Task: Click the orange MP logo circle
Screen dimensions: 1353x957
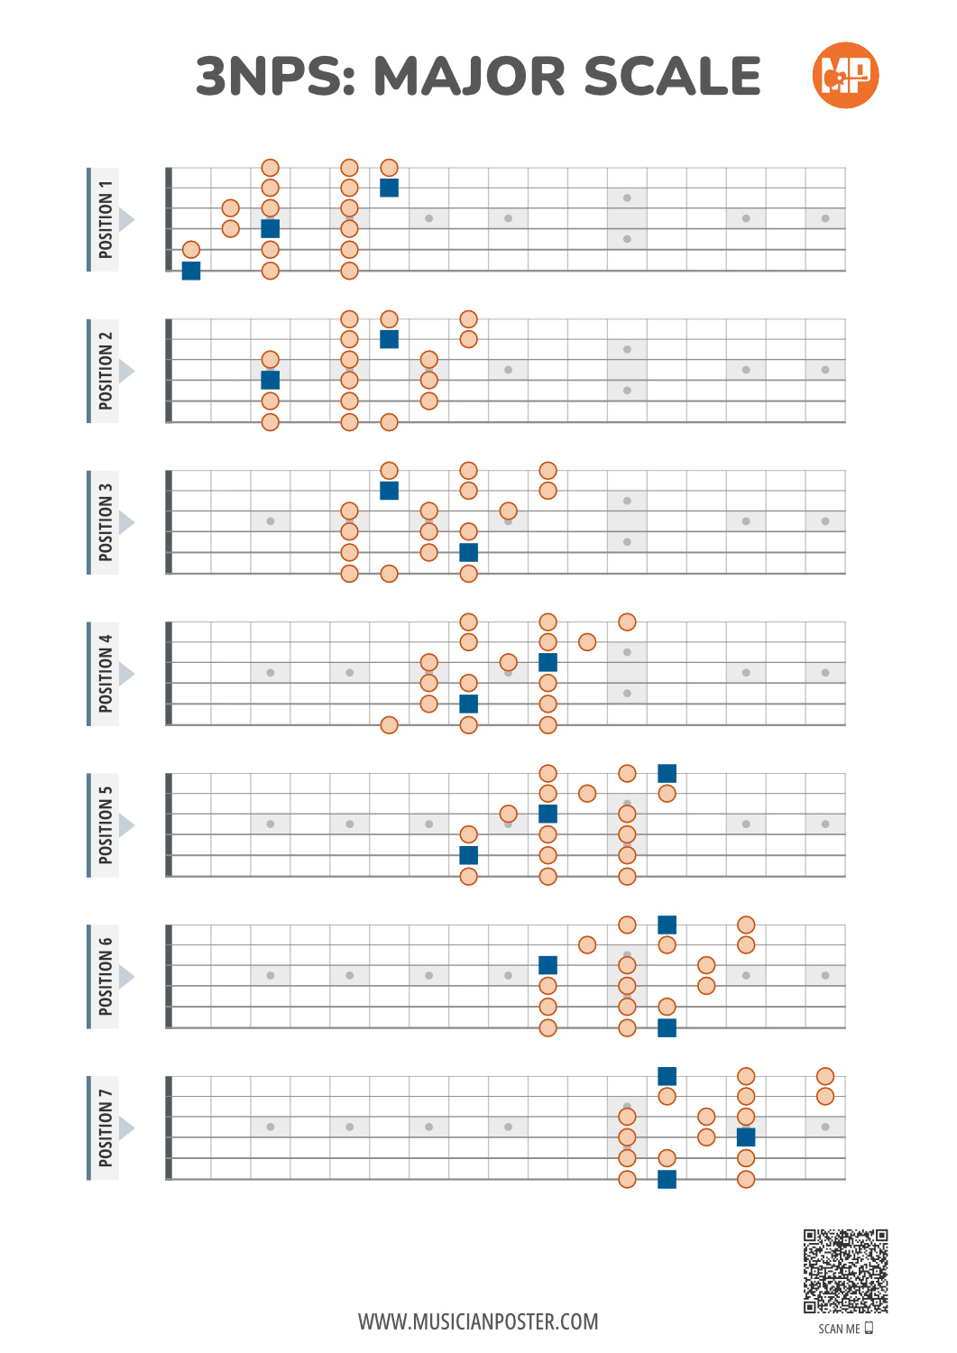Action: [845, 75]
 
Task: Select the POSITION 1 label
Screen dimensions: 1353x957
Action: [106, 219]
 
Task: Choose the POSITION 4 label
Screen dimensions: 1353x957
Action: [106, 674]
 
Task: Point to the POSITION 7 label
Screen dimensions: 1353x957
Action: [106, 1128]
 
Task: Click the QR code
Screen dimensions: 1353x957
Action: [846, 1271]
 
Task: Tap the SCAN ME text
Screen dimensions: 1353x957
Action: [840, 1329]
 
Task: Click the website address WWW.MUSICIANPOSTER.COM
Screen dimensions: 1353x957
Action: [478, 1321]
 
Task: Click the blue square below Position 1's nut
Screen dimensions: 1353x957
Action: [191, 271]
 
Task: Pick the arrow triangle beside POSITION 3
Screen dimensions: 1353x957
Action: [127, 522]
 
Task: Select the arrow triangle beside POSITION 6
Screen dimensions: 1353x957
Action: [127, 977]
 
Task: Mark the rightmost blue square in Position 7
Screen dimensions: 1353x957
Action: [746, 1137]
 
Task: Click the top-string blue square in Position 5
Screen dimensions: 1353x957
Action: [667, 773]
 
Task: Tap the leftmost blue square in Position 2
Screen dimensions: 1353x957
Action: [270, 380]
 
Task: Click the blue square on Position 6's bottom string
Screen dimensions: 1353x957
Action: [667, 1027]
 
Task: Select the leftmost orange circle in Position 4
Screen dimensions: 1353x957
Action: [389, 725]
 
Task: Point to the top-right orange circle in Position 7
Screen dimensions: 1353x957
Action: [825, 1076]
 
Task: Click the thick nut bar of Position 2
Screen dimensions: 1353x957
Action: [169, 371]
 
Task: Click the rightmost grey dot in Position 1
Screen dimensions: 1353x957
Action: [825, 218]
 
